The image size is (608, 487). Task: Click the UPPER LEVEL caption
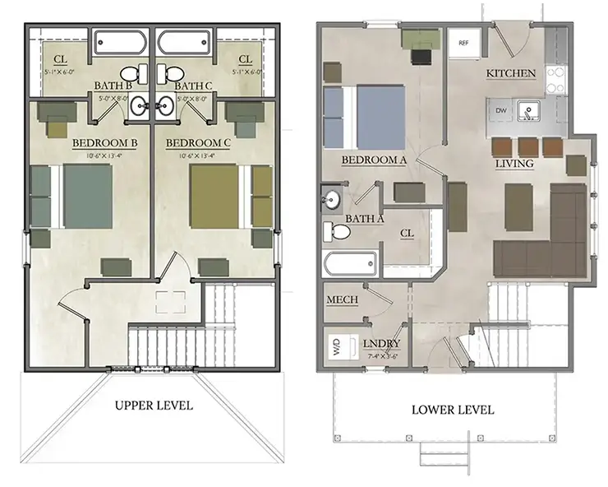click(x=154, y=405)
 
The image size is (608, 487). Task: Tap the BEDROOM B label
click(x=104, y=143)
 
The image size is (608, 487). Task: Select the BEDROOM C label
click(x=198, y=143)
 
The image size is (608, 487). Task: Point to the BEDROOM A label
click(x=375, y=160)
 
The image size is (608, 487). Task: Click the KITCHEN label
click(x=511, y=73)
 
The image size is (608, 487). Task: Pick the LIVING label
click(x=514, y=164)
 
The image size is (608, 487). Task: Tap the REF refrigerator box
click(x=463, y=41)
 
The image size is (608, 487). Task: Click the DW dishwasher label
click(x=500, y=109)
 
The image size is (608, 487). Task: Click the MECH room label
click(x=342, y=299)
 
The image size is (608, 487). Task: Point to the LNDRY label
click(x=381, y=343)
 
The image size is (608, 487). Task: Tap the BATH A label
click(x=365, y=218)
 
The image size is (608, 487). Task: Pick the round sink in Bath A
click(x=334, y=199)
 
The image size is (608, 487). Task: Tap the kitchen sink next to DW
click(x=528, y=109)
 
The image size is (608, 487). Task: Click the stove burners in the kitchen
click(x=556, y=77)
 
